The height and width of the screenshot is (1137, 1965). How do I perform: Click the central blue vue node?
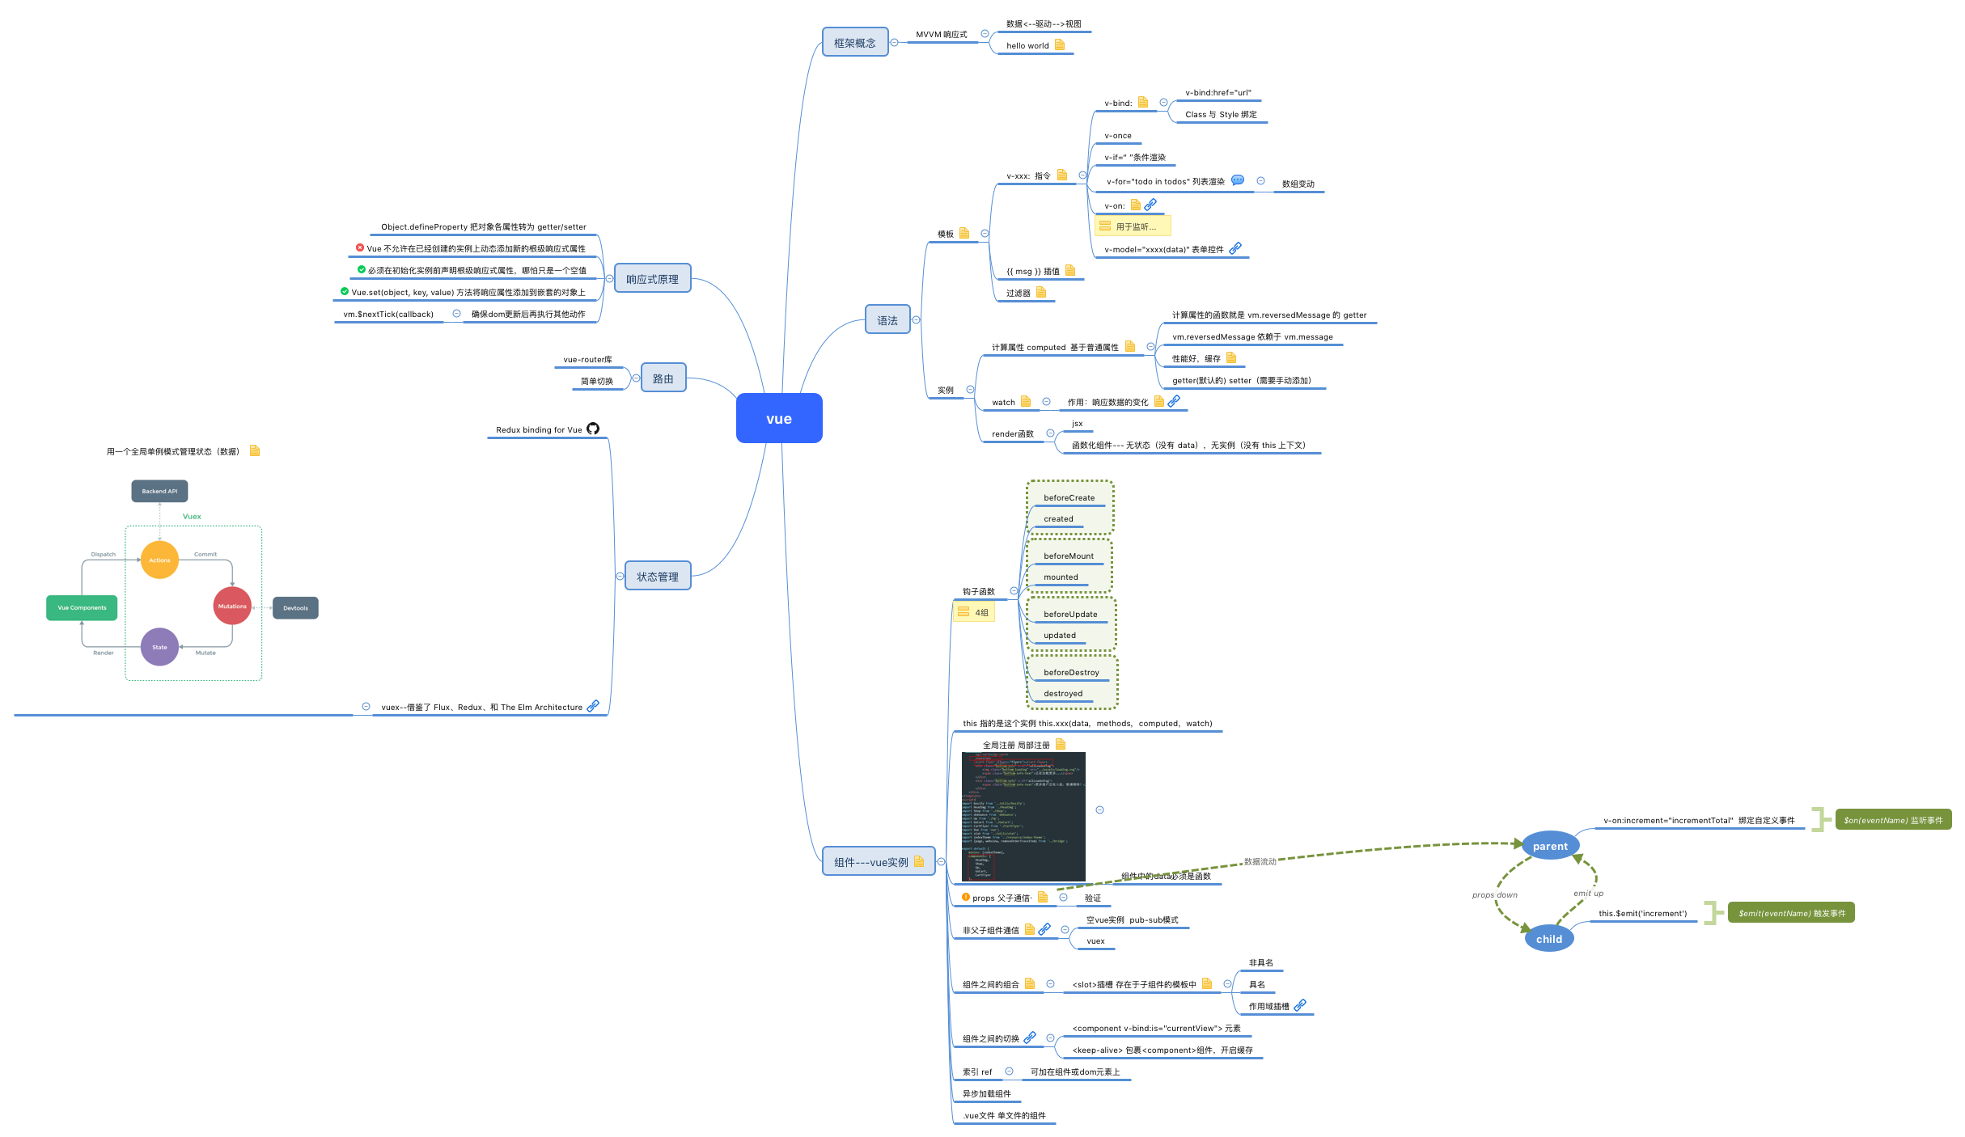(x=778, y=418)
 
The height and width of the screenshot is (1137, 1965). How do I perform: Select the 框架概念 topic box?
(x=854, y=43)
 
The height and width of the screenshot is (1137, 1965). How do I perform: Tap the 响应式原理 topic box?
(x=652, y=279)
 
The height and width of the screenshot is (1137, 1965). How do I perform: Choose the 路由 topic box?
(x=663, y=378)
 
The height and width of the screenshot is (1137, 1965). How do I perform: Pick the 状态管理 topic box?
(x=657, y=577)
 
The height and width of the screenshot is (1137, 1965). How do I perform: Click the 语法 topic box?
(x=887, y=320)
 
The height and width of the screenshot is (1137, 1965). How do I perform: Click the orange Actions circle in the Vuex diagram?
(x=159, y=560)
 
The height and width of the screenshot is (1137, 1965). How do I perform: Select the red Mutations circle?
(x=232, y=606)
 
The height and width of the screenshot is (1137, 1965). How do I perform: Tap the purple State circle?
(x=159, y=647)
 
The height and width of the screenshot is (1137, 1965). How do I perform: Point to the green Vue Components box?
(x=82, y=607)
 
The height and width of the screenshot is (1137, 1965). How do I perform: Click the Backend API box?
(x=159, y=491)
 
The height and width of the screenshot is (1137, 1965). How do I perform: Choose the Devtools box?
(x=295, y=608)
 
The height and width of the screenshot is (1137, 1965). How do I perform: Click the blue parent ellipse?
(x=1549, y=846)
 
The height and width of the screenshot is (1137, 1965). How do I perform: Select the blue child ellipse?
(x=1548, y=939)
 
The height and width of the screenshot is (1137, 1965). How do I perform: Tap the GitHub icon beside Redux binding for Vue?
(x=593, y=429)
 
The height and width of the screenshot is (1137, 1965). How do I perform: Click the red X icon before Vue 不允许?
(x=360, y=247)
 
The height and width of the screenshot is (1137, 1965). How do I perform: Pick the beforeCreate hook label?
(x=1069, y=497)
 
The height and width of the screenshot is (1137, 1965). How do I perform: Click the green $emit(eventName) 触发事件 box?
(x=1791, y=913)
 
